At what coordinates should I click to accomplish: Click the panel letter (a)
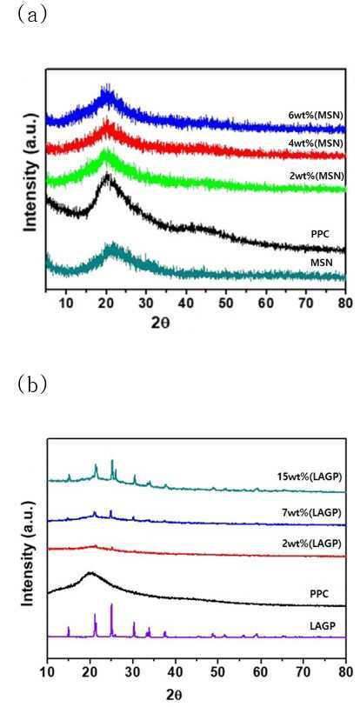coord(30,15)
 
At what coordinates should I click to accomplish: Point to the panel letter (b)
coord(30,384)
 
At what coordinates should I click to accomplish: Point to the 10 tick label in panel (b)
coord(47,673)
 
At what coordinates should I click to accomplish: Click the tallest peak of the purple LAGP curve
coord(111,604)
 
